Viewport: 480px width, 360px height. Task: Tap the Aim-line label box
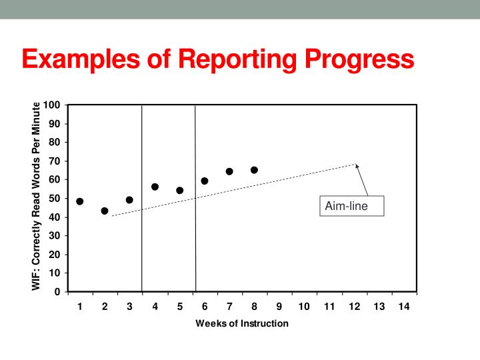346,207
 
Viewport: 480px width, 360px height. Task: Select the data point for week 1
80,201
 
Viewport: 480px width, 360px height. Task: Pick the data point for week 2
105,211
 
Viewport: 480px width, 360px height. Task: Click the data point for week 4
155,187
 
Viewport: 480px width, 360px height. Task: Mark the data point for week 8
254,170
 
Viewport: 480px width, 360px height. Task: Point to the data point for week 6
205,181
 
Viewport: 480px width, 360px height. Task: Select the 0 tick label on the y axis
59,292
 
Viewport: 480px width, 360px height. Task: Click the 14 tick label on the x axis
403,307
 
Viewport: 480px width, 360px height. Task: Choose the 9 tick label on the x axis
279,307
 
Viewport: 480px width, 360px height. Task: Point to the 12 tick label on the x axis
354,307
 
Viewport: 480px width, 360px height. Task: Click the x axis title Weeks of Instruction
242,323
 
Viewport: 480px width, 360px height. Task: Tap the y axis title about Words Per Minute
37,199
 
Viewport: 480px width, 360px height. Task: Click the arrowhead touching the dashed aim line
357,165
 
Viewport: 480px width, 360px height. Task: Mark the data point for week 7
229,171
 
